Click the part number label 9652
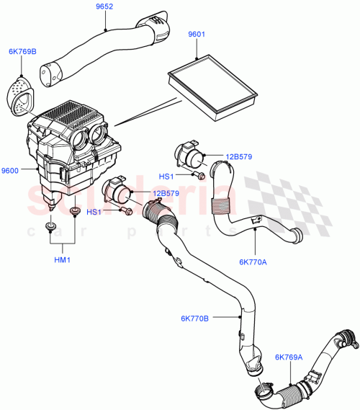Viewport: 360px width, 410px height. (x=107, y=6)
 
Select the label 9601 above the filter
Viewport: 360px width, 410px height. (x=197, y=34)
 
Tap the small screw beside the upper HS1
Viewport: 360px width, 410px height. (x=201, y=175)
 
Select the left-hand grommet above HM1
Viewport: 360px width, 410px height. (x=49, y=228)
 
